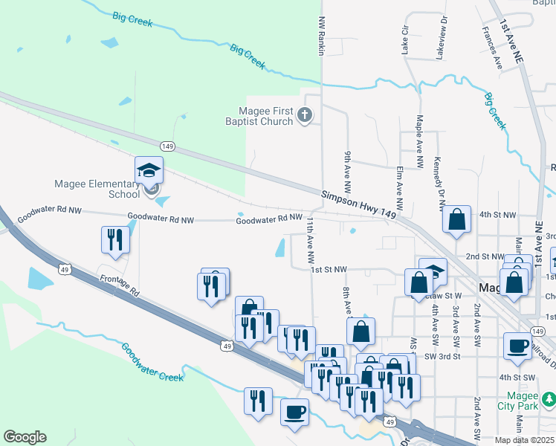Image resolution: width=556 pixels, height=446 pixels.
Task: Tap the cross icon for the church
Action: pos(305,115)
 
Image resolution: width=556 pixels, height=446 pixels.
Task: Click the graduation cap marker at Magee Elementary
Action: pos(149,170)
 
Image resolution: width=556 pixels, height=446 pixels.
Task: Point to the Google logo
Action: pos(25,437)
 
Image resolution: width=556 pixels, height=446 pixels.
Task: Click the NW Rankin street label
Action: pos(322,34)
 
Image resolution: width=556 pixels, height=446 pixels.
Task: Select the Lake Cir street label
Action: pos(406,39)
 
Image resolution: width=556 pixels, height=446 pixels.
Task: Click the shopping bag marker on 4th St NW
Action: pos(457,219)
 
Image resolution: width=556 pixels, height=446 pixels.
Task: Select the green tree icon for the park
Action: pos(549,400)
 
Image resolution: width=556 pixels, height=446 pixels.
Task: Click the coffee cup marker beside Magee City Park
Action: pos(517,346)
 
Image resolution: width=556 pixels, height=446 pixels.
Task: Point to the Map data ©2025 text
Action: pos(525,440)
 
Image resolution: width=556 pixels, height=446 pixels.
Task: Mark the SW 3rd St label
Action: pos(443,356)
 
